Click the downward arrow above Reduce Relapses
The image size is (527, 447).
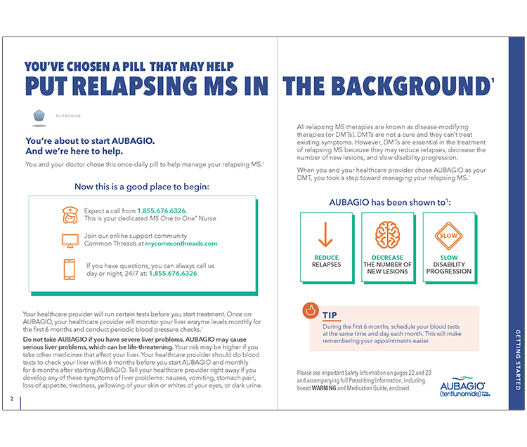tap(326, 234)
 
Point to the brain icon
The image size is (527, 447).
tap(386, 234)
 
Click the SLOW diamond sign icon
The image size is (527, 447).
tap(448, 235)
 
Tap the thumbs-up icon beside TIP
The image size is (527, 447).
tap(310, 312)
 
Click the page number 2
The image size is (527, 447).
tap(12, 399)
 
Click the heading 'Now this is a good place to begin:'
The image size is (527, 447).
tap(142, 187)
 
